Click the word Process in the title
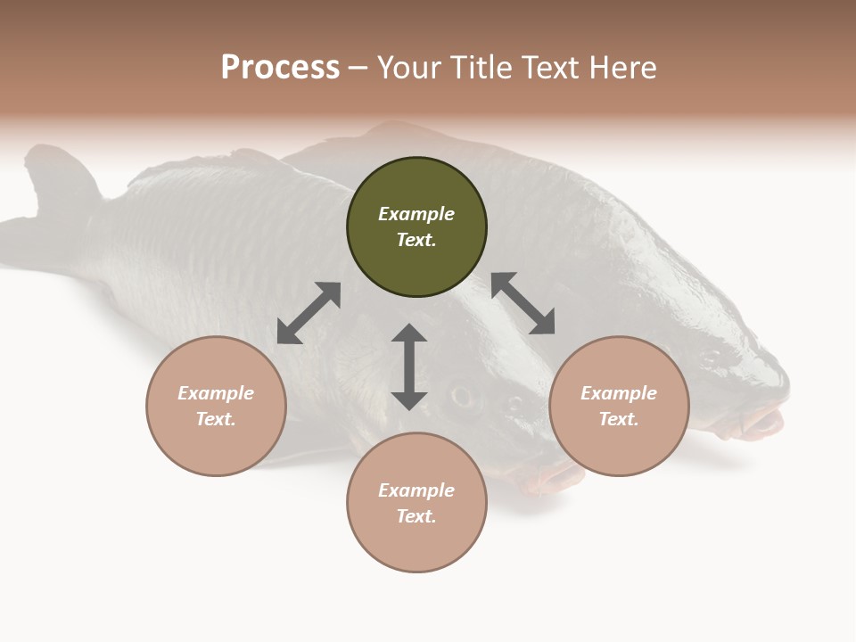coord(280,68)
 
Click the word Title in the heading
coord(480,68)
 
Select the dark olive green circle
coord(416,227)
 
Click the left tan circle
coord(216,406)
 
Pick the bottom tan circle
coord(416,503)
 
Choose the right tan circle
coord(619,406)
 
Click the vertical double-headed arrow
coord(409,366)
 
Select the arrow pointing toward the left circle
coord(309,313)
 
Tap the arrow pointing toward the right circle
coord(523,304)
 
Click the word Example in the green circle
coord(416,214)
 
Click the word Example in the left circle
coord(216,393)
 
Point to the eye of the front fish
coord(461,393)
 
